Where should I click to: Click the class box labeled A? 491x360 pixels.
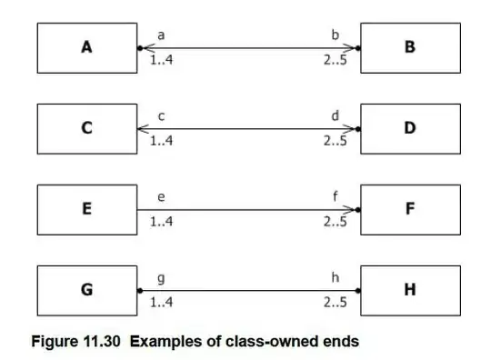87,48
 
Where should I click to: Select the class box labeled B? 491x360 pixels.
410,48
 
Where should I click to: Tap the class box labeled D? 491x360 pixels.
410,129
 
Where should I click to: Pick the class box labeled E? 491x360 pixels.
87,209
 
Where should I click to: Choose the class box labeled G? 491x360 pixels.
87,291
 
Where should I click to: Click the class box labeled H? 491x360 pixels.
410,291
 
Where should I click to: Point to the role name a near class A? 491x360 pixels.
161,35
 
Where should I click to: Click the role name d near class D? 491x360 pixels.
335,115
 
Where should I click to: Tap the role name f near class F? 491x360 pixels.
336,196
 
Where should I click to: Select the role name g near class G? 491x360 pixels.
161,278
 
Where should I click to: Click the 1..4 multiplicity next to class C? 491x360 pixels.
161,141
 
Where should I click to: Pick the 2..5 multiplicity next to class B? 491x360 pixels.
335,60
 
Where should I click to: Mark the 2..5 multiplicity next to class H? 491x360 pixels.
335,303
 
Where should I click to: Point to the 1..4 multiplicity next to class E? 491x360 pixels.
161,222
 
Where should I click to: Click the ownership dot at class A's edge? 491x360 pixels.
140,48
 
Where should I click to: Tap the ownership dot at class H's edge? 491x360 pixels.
358,291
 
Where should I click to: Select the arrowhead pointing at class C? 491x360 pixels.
143,129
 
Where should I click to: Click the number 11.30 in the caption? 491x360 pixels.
102,341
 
